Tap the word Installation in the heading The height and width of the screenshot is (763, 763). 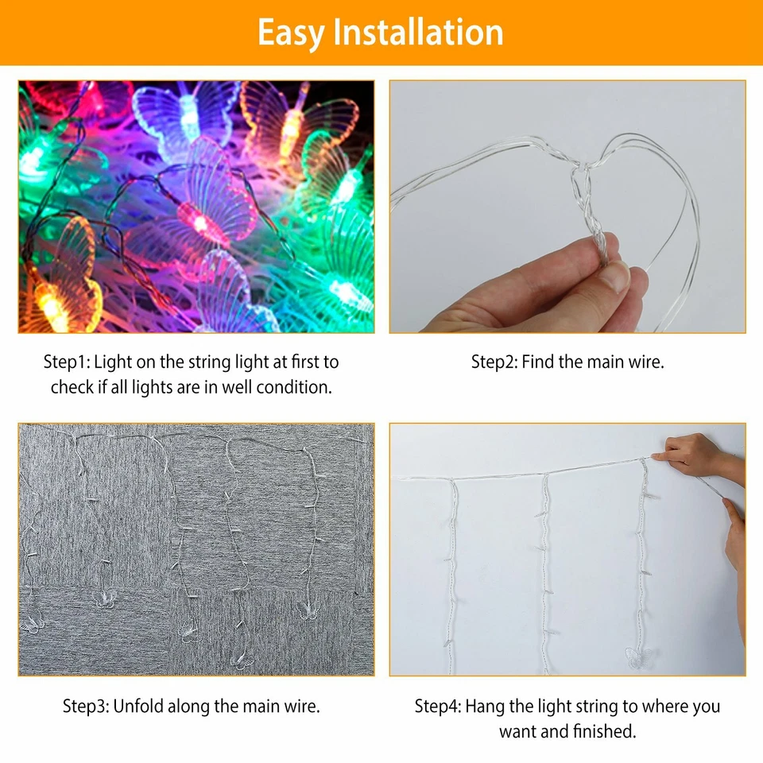tap(417, 33)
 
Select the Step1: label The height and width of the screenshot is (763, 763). tap(66, 362)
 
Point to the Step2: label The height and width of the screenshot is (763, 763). tap(494, 362)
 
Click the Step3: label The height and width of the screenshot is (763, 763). tap(86, 706)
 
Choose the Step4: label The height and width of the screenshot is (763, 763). tap(437, 706)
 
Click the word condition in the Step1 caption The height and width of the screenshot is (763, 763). tap(293, 388)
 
